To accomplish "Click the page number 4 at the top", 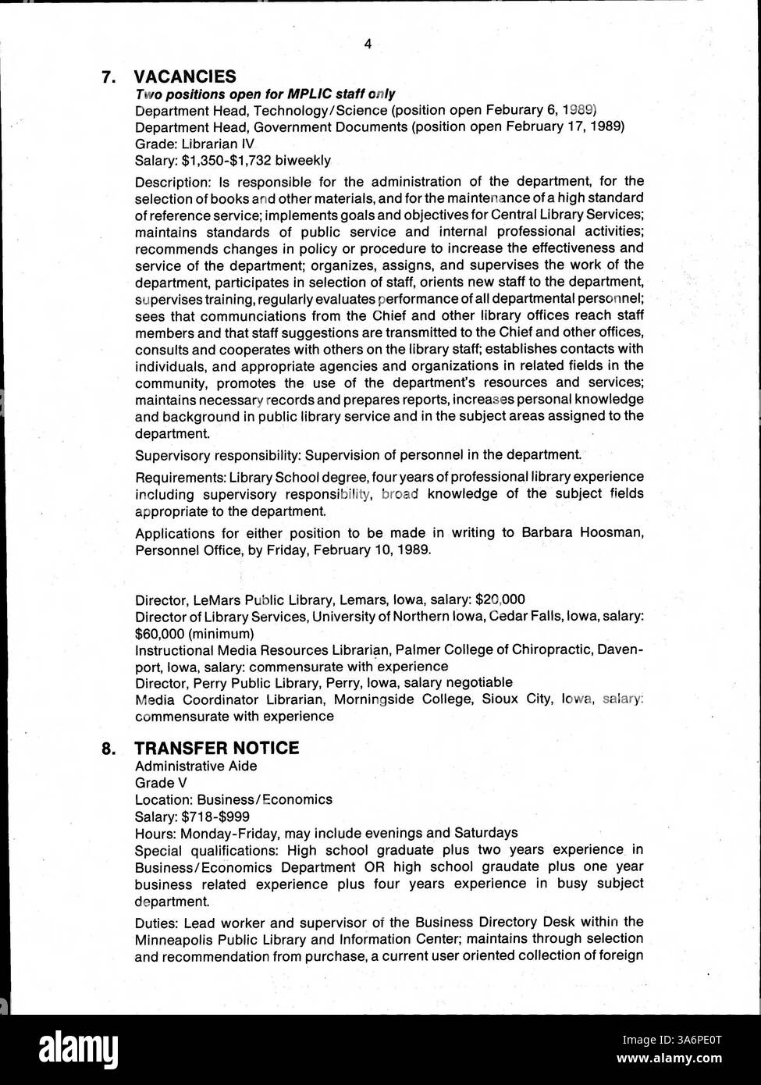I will pyautogui.click(x=368, y=44).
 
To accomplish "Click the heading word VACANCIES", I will pyautogui.click(x=185, y=76).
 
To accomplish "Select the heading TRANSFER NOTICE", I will pyautogui.click(x=216, y=748).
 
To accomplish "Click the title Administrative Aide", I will pyautogui.click(x=196, y=766).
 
